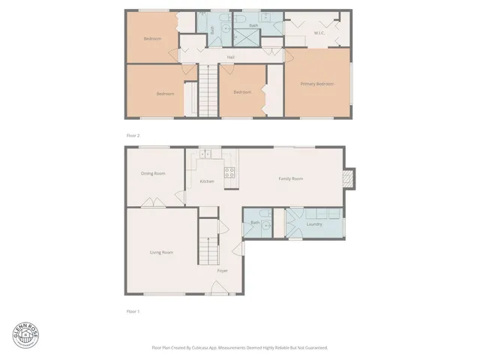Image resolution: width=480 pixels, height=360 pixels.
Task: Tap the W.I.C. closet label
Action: coord(319,33)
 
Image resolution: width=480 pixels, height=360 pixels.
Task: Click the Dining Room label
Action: coord(153,173)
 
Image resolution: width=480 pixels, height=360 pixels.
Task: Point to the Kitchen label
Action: coord(206,181)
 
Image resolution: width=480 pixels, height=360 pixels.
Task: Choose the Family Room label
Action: coord(290,178)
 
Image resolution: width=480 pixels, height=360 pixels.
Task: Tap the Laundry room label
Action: coord(314,223)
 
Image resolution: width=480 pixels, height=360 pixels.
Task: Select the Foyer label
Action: coord(223,270)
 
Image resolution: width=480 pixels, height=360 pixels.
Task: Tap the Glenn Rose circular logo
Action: coord(25,334)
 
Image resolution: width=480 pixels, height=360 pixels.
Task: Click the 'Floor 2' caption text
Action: coord(133,135)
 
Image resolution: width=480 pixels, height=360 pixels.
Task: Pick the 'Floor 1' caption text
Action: coord(133,310)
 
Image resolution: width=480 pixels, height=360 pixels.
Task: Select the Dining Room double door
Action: coord(151,202)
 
